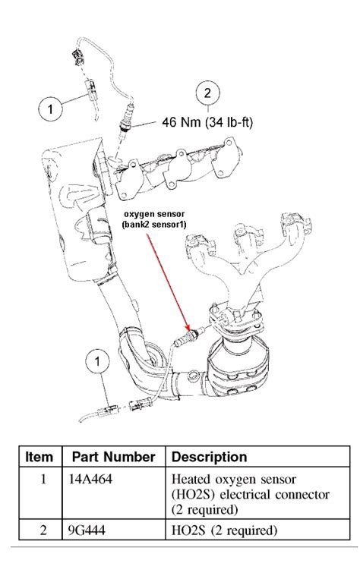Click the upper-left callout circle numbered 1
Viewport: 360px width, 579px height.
pos(51,109)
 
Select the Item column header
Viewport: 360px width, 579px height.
pos(39,458)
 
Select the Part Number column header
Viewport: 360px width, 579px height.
pos(113,458)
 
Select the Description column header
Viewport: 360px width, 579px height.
pos(210,458)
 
